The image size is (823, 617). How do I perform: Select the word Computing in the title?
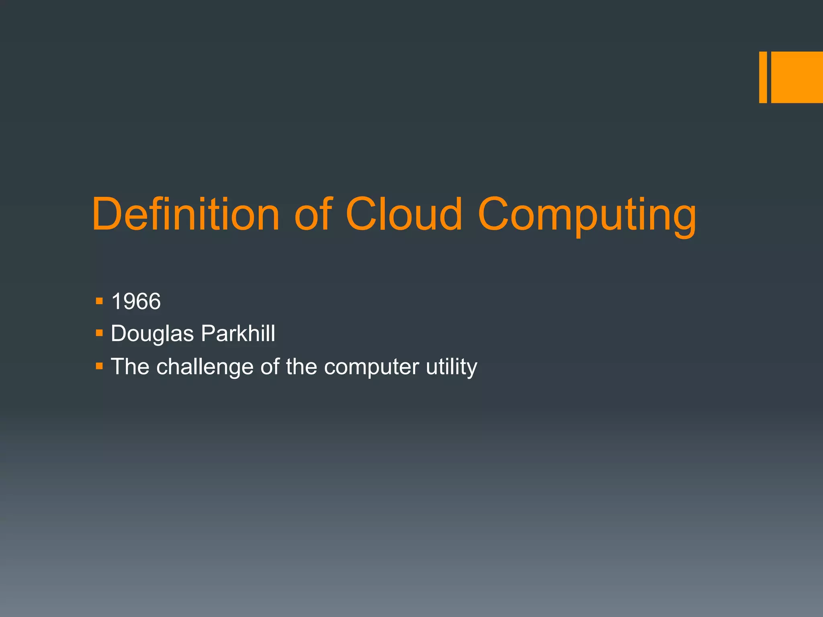pyautogui.click(x=587, y=217)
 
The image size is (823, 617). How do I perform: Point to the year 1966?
pyautogui.click(x=136, y=301)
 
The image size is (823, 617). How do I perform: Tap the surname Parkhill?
pyautogui.click(x=238, y=333)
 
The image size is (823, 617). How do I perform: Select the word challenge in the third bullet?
pyautogui.click(x=205, y=367)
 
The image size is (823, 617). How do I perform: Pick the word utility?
pyautogui.click(x=451, y=367)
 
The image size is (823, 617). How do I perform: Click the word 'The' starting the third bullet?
pyautogui.click(x=130, y=366)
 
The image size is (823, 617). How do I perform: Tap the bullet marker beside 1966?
pyautogui.click(x=100, y=301)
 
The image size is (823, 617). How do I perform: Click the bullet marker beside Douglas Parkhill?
pyautogui.click(x=100, y=333)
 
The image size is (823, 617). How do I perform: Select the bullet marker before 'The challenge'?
pyautogui.click(x=100, y=366)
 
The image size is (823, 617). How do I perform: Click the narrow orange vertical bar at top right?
pyautogui.click(x=763, y=77)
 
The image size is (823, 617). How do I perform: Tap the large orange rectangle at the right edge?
pyautogui.click(x=797, y=77)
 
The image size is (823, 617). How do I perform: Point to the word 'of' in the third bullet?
pyautogui.click(x=270, y=366)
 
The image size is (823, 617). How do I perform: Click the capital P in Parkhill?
pyautogui.click(x=207, y=333)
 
